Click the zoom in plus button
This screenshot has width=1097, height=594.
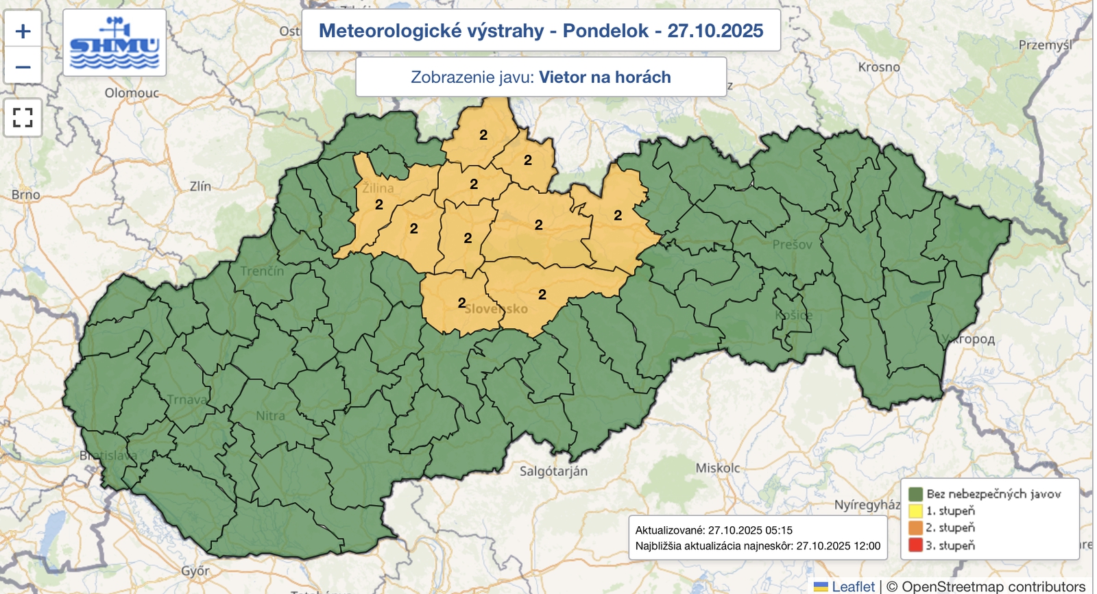coord(23,31)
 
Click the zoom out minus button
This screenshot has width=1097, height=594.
coord(23,66)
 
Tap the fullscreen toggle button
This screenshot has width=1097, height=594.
coord(23,117)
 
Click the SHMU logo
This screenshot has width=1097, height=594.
coord(114,43)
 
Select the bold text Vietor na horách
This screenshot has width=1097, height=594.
coord(605,77)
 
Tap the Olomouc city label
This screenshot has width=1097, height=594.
coord(132,92)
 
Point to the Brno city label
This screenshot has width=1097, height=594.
coord(25,195)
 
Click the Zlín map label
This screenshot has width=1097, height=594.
coord(200,186)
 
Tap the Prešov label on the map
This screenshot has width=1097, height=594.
coord(792,245)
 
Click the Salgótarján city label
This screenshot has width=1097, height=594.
coord(553,471)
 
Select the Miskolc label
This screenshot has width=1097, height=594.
coord(718,468)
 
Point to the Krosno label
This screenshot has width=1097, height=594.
coord(879,67)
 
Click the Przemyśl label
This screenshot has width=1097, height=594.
coord(1045,45)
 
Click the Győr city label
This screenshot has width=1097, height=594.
coord(195,571)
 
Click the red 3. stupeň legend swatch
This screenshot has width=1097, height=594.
coord(915,545)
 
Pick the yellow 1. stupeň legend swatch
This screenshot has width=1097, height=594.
coord(915,510)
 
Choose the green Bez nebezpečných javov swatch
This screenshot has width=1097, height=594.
coord(915,494)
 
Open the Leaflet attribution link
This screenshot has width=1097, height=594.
coord(852,586)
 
